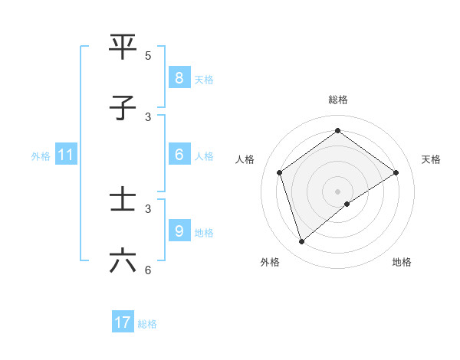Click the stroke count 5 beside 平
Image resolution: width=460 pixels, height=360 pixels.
[x=148, y=55]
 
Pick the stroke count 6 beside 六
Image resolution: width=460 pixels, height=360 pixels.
[x=148, y=270]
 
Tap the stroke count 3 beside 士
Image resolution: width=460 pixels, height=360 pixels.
[x=148, y=208]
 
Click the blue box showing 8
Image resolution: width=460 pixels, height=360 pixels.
[x=179, y=78]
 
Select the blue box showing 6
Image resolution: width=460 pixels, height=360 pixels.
[x=179, y=155]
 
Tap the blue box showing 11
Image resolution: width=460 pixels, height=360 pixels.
[x=66, y=155]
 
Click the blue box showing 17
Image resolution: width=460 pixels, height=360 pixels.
[x=123, y=322]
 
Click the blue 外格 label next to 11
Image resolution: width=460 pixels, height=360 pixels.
[x=41, y=155]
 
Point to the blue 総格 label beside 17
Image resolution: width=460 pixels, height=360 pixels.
[x=147, y=324]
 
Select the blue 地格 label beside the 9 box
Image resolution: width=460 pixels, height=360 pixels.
[x=204, y=232]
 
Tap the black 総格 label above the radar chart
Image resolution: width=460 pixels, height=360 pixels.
[x=337, y=100]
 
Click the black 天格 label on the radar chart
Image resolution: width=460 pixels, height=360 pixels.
[x=431, y=159]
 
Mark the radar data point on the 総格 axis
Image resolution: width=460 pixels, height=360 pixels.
[x=337, y=130]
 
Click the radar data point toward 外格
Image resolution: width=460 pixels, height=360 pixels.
[x=301, y=242]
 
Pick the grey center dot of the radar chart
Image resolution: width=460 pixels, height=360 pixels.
[x=337, y=191]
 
